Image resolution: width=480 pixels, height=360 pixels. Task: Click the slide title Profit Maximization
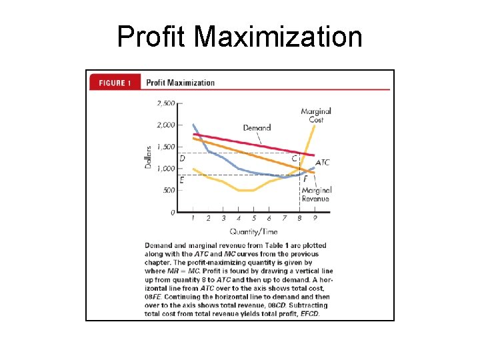point(239,37)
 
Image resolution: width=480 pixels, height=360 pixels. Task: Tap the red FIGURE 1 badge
point(115,83)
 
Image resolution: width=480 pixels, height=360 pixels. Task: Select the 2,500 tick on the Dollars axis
point(165,103)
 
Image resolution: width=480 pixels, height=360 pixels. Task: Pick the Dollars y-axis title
point(149,157)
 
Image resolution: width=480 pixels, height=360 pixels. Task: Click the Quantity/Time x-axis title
point(254,231)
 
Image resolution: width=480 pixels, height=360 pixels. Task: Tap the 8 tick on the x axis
point(299,218)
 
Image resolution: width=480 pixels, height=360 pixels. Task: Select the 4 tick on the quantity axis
point(239,218)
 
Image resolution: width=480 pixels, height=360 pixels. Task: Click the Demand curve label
point(257,127)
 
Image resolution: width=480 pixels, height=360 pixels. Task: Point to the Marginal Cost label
point(316,115)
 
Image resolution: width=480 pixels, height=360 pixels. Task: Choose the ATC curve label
point(322,162)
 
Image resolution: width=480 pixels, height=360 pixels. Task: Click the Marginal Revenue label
point(316,194)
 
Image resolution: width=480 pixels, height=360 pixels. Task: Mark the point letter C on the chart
point(295,158)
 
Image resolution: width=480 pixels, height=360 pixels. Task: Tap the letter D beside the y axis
point(183,158)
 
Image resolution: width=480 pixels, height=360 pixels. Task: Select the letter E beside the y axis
point(183,179)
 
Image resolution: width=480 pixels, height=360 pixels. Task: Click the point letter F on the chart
point(305,179)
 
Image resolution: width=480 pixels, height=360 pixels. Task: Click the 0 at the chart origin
point(173,213)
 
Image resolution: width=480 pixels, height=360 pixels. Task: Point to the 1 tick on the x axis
point(193,218)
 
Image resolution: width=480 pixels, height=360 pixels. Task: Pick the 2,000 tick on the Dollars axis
point(165,125)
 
